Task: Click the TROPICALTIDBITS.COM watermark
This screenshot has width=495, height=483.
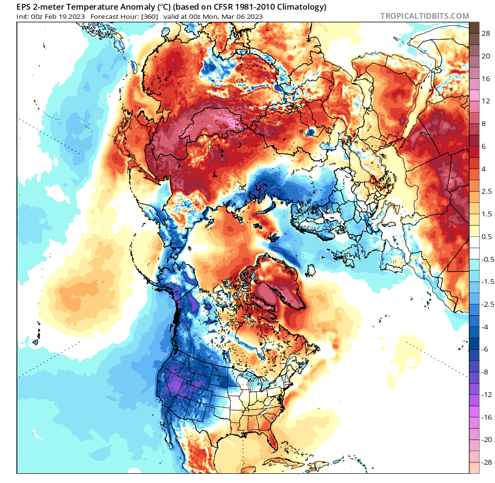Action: [424, 16]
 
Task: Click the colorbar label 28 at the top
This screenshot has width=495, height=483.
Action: [486, 33]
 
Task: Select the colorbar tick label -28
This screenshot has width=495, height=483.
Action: [487, 461]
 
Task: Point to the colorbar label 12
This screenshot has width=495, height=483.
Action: [486, 101]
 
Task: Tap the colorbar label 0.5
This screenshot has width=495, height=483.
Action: [487, 237]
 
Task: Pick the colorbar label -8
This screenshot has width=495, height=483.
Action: [487, 371]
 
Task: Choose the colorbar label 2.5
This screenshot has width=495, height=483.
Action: [487, 191]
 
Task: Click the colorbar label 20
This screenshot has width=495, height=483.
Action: [486, 56]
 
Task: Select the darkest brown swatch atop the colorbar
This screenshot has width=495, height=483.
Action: [474, 28]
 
